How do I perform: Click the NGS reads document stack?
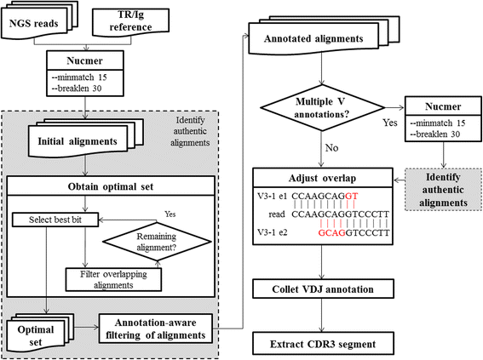(39, 20)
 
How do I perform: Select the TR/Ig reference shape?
(130, 21)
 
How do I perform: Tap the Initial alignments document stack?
(86, 138)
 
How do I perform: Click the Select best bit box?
(55, 220)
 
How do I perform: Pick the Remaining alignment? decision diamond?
(157, 242)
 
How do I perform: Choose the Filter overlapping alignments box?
(113, 279)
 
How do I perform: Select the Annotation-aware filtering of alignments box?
(156, 329)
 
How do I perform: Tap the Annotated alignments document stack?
(324, 35)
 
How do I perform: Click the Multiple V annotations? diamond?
(323, 108)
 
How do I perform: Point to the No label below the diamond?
(331, 148)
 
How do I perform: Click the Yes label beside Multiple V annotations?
(390, 123)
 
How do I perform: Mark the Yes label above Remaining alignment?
(170, 214)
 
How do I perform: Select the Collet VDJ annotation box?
(323, 289)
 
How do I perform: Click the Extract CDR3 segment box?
(323, 343)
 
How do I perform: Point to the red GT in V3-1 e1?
(352, 196)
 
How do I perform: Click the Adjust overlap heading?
(323, 178)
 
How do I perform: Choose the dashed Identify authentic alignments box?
(443, 190)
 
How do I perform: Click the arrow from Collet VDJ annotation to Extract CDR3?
(322, 315)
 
